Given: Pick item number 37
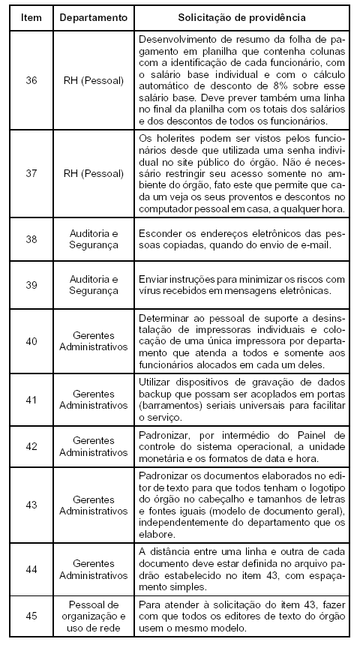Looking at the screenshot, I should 31,173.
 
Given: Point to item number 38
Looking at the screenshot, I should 31,239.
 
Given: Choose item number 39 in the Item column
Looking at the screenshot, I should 31,285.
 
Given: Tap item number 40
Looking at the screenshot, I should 31,340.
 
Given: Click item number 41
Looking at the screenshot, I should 31,399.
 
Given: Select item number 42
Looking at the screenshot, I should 31,446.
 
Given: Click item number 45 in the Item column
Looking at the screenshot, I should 31,616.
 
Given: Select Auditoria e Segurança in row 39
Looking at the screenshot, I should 94,285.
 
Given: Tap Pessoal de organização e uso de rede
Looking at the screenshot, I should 94,616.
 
